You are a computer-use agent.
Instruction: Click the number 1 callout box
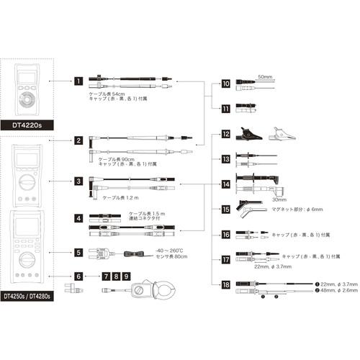[x=78, y=82]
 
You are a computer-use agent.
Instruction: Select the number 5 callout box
[x=78, y=253]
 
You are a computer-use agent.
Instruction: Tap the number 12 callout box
[x=225, y=134]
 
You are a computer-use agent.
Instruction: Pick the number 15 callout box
[x=225, y=210]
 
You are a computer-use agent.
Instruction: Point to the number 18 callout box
[x=225, y=286]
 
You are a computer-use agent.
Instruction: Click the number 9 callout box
[x=127, y=276]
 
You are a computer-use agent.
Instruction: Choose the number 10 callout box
[x=225, y=84]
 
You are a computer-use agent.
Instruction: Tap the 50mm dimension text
[x=264, y=75]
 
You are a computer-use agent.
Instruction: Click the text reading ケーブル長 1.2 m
[x=121, y=197]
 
